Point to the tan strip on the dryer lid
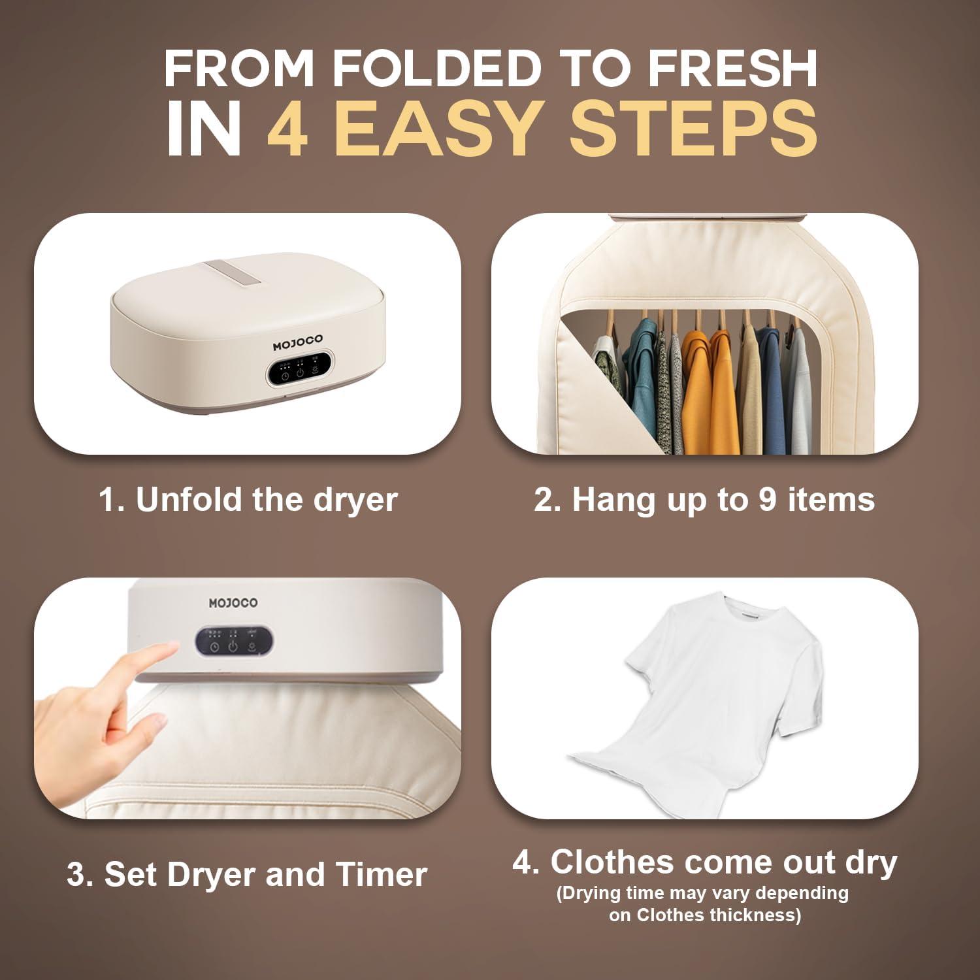click(x=222, y=274)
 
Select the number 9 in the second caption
click(x=770, y=500)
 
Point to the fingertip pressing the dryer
click(x=171, y=647)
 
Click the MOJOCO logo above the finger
click(x=233, y=602)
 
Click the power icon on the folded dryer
click(x=300, y=374)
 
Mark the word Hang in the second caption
click(x=606, y=500)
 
